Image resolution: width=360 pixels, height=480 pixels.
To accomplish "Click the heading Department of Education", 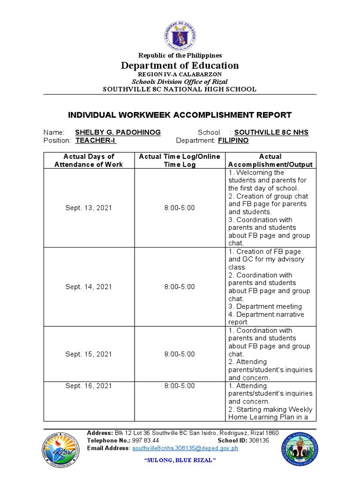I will click(x=180, y=66).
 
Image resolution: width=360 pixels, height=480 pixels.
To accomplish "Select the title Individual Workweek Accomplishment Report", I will click(x=180, y=115).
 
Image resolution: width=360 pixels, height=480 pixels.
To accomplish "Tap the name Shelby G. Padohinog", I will click(x=118, y=133).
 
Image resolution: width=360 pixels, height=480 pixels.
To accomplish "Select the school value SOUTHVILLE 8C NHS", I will click(x=271, y=133).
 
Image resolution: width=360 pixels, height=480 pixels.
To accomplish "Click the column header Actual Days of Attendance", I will click(x=89, y=160).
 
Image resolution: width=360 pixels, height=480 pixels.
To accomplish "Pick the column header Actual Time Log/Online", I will click(x=180, y=160).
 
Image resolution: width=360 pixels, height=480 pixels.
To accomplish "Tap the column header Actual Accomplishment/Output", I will click(x=270, y=160).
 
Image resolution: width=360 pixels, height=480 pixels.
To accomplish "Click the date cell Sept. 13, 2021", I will click(x=89, y=208).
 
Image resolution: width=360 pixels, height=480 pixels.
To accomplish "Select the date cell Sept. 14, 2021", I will click(x=89, y=287).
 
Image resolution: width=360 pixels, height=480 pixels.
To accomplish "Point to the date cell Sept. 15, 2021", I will click(x=89, y=354).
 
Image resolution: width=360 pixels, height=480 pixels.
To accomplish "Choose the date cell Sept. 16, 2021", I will click(x=89, y=386).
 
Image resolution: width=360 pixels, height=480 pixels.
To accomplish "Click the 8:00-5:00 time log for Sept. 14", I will click(x=180, y=287).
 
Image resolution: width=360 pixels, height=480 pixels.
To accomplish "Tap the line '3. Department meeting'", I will click(x=265, y=307).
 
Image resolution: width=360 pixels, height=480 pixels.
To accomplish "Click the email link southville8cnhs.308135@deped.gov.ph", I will click(x=185, y=448).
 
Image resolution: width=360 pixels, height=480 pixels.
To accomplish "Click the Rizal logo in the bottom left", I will click(x=62, y=449).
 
